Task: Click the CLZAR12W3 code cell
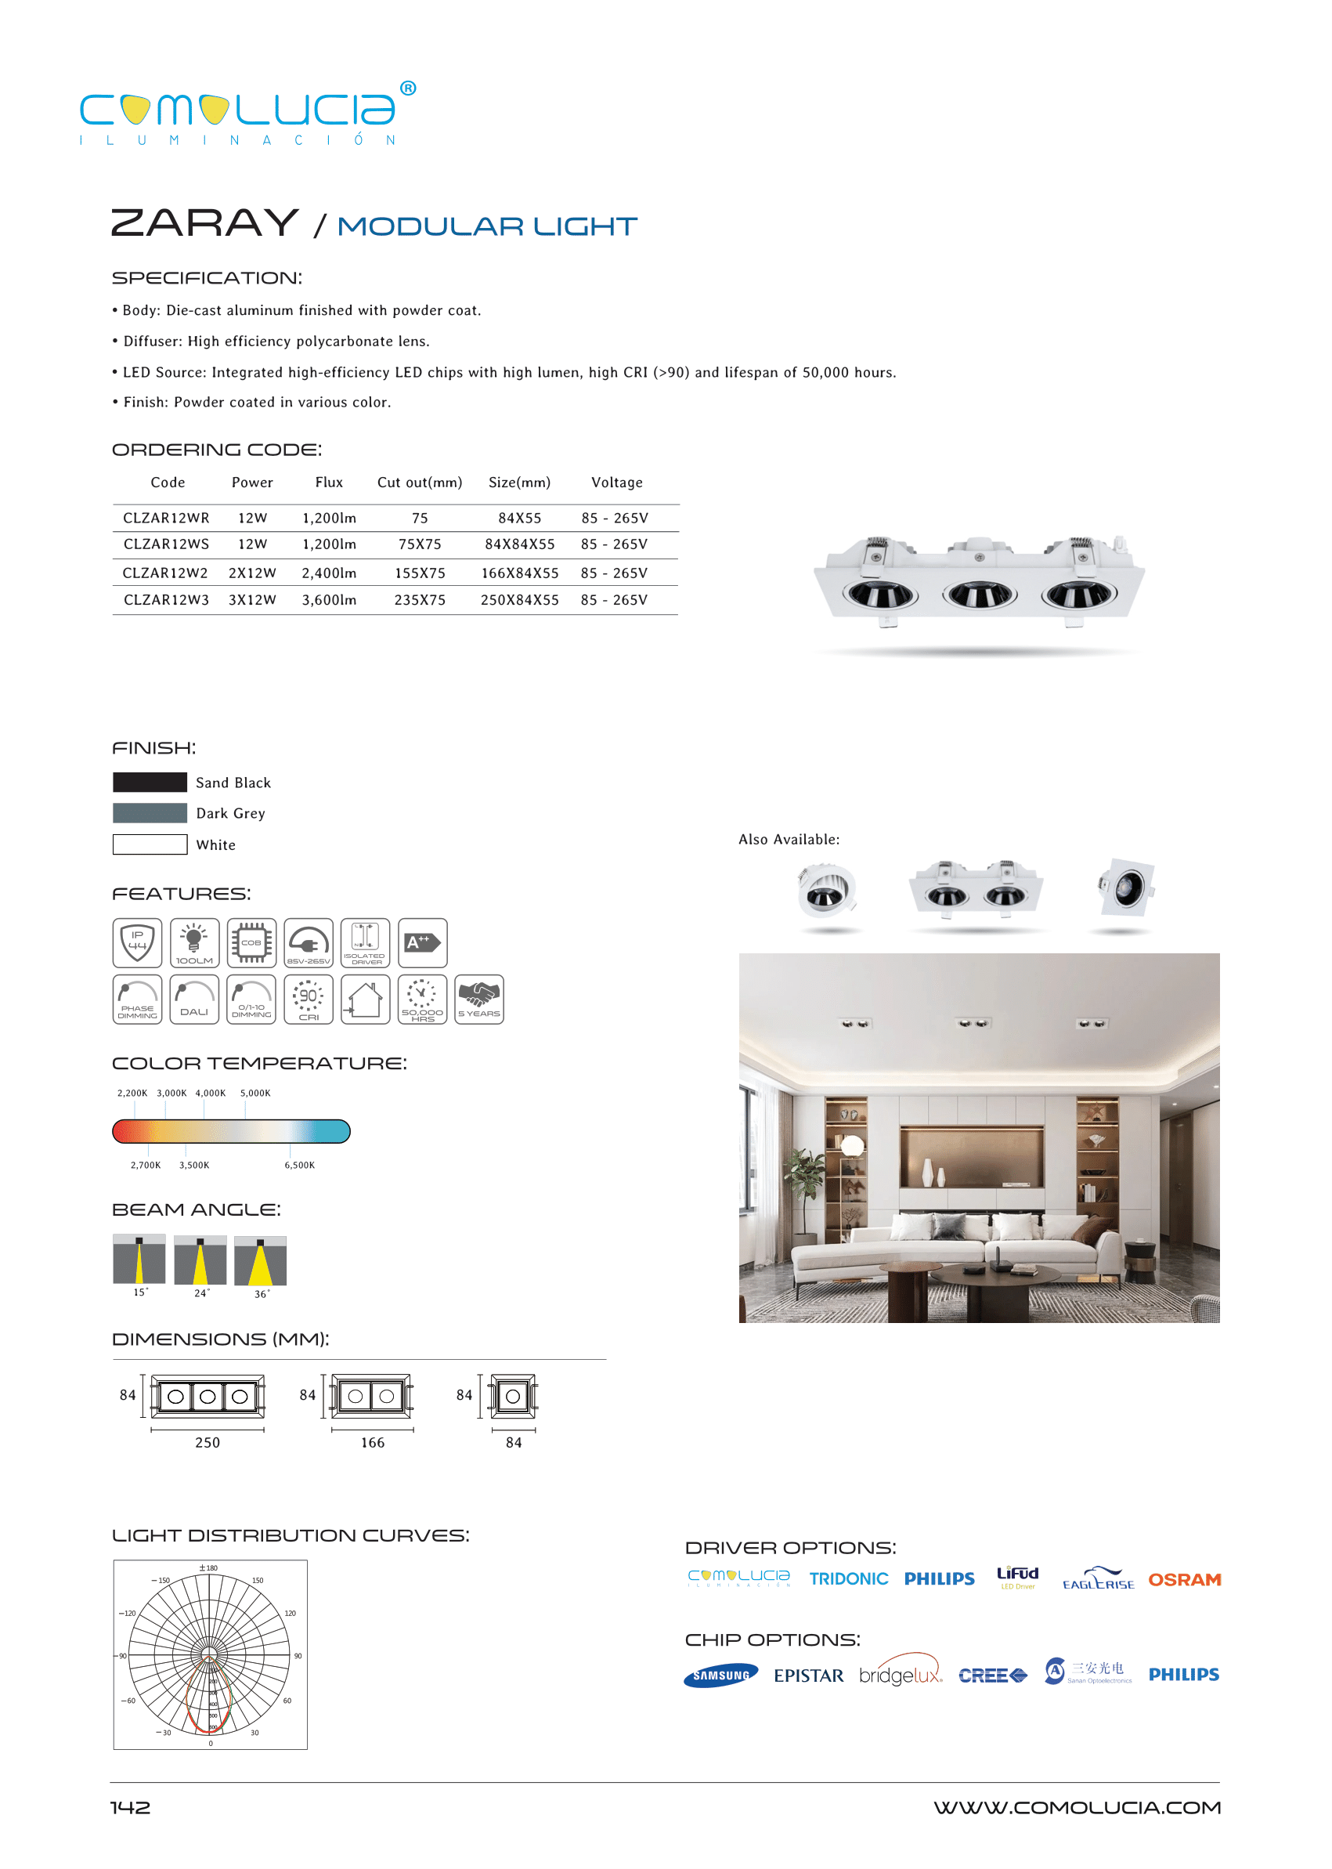pos(166,600)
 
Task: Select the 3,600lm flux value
pos(329,600)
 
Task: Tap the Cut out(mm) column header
pos(419,483)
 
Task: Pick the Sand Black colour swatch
pos(150,782)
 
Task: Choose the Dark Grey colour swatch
pos(150,813)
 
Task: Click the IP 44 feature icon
pos(137,942)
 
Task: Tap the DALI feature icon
pos(194,1000)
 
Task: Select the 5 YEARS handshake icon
pos(479,1000)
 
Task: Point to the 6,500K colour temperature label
pos(299,1165)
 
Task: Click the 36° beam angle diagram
pos(260,1261)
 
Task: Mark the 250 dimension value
pos(208,1442)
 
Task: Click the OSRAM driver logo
pos(1183,1579)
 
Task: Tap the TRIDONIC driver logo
pos(848,1579)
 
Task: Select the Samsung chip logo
pos(721,1676)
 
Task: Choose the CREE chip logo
pos(992,1676)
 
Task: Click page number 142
pos(131,1807)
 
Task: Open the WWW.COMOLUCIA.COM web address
pos(1077,1807)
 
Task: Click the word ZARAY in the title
pos(204,223)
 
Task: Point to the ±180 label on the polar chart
pos(208,1568)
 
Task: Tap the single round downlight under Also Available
pos(827,890)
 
